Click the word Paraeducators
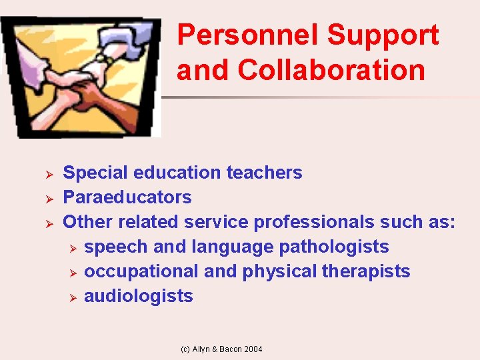(x=127, y=197)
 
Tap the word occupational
(x=142, y=271)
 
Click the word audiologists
(x=139, y=296)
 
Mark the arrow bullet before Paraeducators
(x=48, y=198)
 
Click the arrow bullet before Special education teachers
(x=48, y=173)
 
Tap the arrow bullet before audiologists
(x=73, y=297)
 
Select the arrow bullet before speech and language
(x=73, y=247)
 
